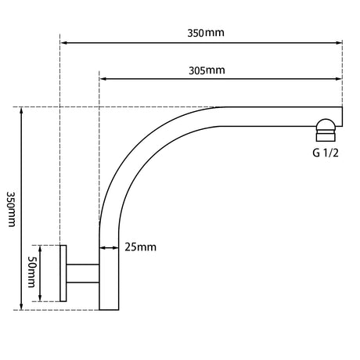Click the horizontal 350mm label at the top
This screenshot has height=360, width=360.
coord(206,33)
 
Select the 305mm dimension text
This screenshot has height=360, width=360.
coord(207,70)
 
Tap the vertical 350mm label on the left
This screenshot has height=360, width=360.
coord(11,210)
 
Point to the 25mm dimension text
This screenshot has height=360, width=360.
coord(140,247)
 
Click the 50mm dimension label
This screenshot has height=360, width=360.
coord(32,272)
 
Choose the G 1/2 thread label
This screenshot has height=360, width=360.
coord(326,153)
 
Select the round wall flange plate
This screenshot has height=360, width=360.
coord(63,273)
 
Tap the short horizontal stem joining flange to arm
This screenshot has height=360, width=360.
coord(83,273)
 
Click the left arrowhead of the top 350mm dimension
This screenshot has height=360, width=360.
coord(63,42)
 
